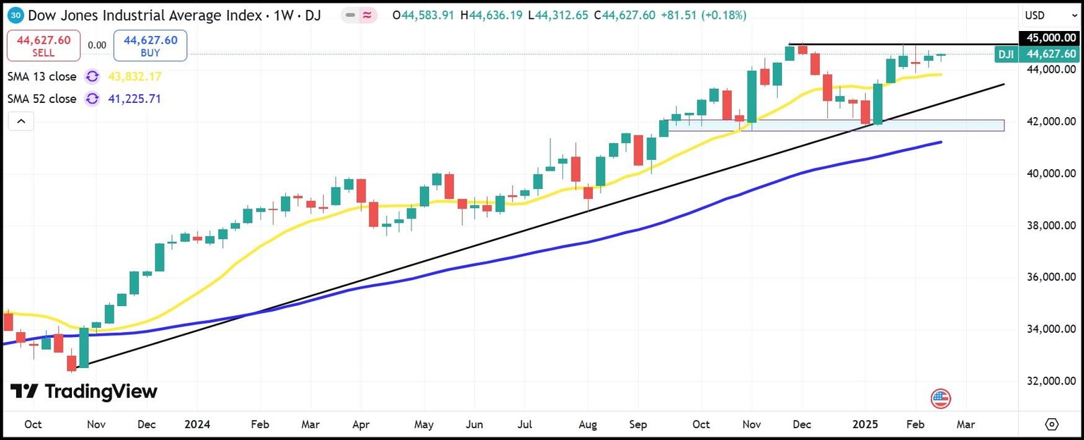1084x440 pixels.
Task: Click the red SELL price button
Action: pyautogui.click(x=43, y=45)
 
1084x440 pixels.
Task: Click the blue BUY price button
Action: pyautogui.click(x=150, y=45)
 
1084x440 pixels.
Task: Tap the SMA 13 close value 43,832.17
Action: pyautogui.click(x=134, y=76)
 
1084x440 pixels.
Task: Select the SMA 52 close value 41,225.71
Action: pyautogui.click(x=134, y=99)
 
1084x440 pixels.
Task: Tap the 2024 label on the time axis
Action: pyautogui.click(x=198, y=424)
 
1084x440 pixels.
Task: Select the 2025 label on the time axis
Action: pyautogui.click(x=867, y=424)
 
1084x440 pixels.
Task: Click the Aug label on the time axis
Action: pyautogui.click(x=587, y=424)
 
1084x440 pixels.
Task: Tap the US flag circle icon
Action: pyautogui.click(x=941, y=398)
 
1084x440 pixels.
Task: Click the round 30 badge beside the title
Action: pyautogui.click(x=16, y=15)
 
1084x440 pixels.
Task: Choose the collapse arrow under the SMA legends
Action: pyautogui.click(x=21, y=122)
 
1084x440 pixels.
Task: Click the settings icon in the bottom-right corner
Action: pyautogui.click(x=1052, y=424)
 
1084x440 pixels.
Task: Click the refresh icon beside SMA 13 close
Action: pyautogui.click(x=92, y=76)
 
